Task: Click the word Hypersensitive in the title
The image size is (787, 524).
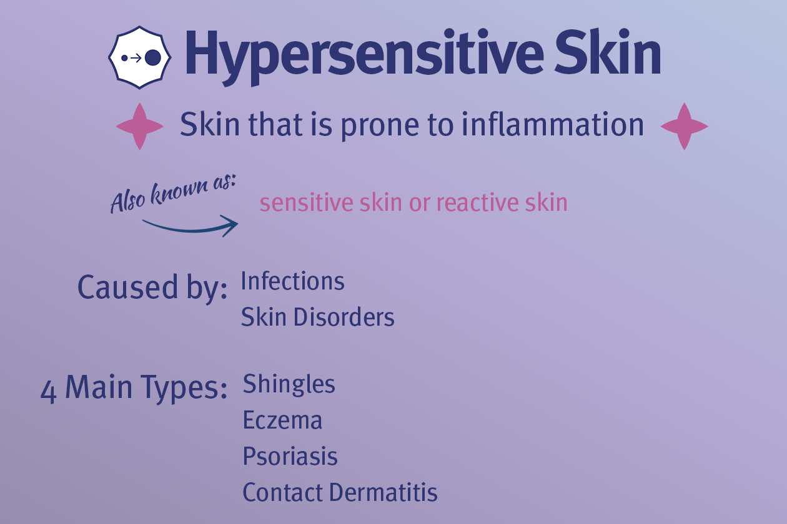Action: (x=364, y=56)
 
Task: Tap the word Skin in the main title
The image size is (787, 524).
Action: (x=608, y=52)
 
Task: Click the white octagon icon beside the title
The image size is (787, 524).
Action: (x=140, y=57)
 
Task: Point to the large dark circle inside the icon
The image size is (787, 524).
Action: (x=153, y=57)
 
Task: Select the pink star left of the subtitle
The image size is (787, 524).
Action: (x=140, y=127)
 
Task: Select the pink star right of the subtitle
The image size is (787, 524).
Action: (x=685, y=127)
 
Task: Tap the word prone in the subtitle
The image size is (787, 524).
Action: (x=380, y=128)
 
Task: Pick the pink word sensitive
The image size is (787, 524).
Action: (x=306, y=203)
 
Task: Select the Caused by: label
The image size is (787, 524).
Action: (x=152, y=288)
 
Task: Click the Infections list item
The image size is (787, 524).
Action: (x=293, y=281)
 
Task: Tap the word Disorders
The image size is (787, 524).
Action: (x=344, y=317)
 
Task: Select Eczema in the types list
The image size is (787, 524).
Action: (x=282, y=420)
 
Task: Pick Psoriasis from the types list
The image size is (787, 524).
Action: (x=290, y=457)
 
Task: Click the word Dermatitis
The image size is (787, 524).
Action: (x=384, y=492)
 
